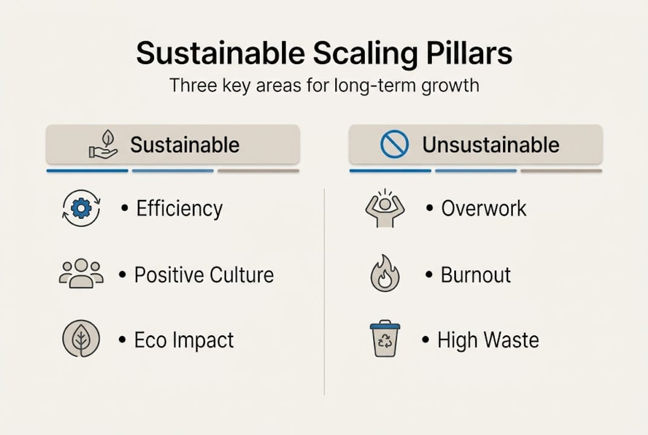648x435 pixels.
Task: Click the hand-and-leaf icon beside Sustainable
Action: tap(103, 145)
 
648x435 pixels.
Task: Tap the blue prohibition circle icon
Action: tap(394, 145)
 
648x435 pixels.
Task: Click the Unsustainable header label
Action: tap(490, 145)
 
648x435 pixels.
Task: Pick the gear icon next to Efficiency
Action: tap(81, 209)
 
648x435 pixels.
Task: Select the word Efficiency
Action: tap(179, 209)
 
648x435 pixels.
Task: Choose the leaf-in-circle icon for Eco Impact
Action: tap(81, 338)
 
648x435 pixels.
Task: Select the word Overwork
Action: tap(484, 209)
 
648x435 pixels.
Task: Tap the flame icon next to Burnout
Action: tap(385, 274)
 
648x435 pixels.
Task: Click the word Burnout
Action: tap(476, 275)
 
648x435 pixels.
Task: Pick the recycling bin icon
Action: tap(385, 338)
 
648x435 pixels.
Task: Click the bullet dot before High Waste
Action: tap(426, 340)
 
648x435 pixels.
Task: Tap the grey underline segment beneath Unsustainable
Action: tap(561, 171)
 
